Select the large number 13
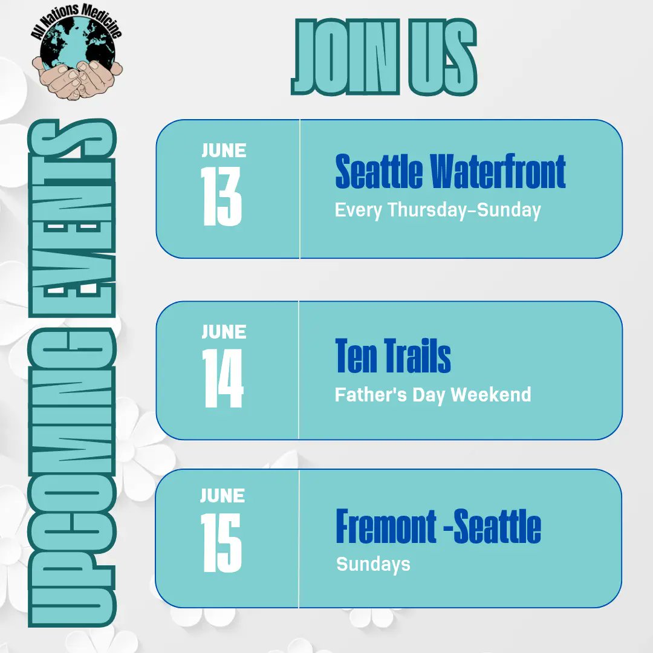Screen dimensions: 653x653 (x=222, y=195)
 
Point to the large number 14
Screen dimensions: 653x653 (x=223, y=378)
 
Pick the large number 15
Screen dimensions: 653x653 (x=222, y=542)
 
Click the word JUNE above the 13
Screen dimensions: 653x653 (x=224, y=150)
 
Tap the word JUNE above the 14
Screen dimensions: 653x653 (x=224, y=331)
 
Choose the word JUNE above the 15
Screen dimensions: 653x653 (x=223, y=496)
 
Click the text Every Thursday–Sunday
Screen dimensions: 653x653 (x=438, y=210)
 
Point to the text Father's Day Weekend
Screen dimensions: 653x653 (x=433, y=395)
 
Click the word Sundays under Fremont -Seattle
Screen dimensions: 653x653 (x=373, y=564)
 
